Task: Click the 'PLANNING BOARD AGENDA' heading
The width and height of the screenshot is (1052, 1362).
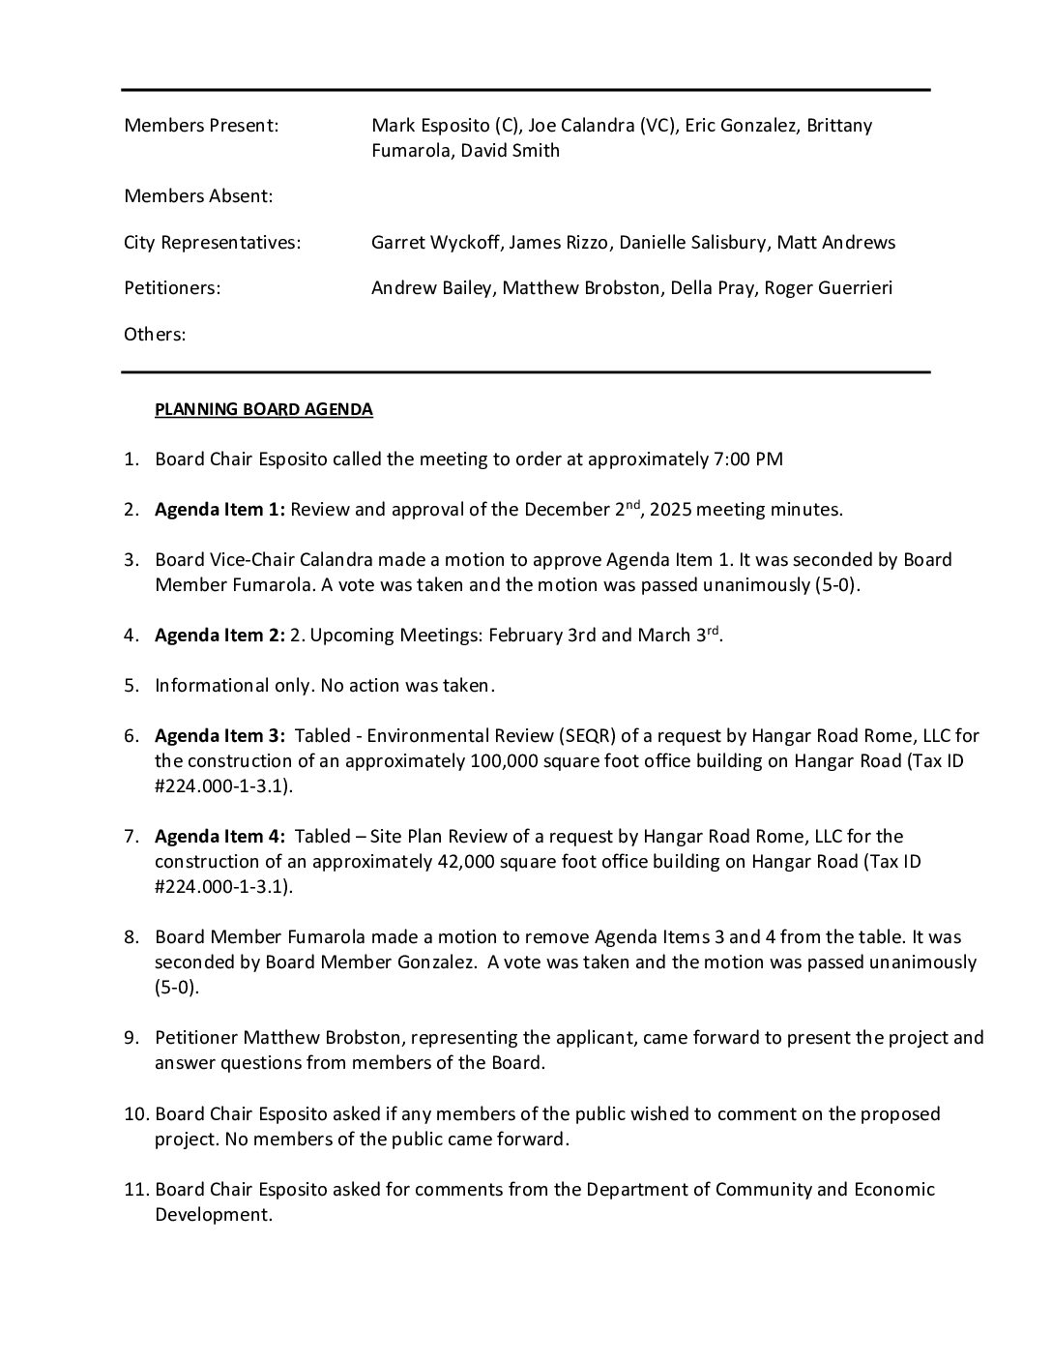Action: pyautogui.click(x=263, y=409)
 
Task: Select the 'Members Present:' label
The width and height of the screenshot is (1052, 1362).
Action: pyautogui.click(x=201, y=126)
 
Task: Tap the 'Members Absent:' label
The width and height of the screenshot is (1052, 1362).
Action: pyautogui.click(x=198, y=196)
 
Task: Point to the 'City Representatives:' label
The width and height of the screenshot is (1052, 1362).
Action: pyautogui.click(x=212, y=243)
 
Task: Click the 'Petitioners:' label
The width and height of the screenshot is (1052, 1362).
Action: pyautogui.click(x=172, y=288)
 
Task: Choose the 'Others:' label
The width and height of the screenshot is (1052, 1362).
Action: pyautogui.click(x=155, y=335)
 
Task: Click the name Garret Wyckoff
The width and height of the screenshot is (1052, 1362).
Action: pyautogui.click(x=435, y=243)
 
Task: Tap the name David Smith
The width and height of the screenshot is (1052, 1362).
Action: pyautogui.click(x=510, y=151)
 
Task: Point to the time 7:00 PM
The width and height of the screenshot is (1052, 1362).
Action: pyautogui.click(x=748, y=459)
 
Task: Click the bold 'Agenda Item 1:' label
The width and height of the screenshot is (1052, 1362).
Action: pyautogui.click(x=219, y=510)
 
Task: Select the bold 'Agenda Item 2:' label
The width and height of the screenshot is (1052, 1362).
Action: pyautogui.click(x=219, y=636)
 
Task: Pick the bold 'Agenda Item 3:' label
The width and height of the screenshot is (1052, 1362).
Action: pyautogui.click(x=219, y=736)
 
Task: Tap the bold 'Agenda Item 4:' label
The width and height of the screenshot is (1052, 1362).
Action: pyautogui.click(x=219, y=837)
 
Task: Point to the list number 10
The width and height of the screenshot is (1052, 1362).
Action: pyautogui.click(x=134, y=1114)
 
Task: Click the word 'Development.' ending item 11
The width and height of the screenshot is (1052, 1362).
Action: pyautogui.click(x=214, y=1215)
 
